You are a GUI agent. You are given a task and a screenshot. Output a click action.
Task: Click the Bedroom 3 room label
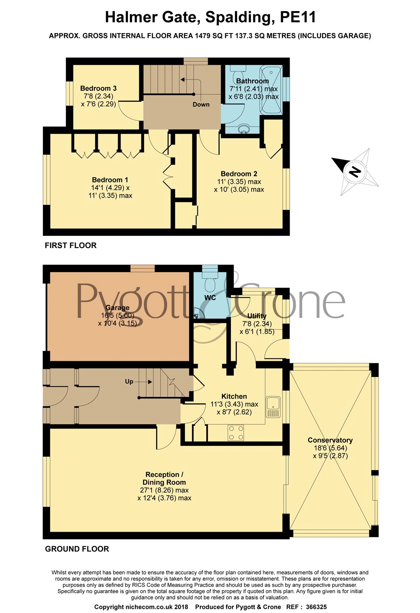[x=98, y=88]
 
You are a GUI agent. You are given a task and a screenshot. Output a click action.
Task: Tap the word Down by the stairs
[x=201, y=105]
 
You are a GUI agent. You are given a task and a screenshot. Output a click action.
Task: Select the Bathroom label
[x=252, y=81]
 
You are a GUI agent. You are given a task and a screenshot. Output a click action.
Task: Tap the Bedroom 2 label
[x=239, y=174]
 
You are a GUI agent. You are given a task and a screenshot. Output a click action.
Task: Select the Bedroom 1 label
[x=110, y=180]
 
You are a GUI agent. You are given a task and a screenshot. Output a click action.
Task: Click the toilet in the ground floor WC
[x=210, y=282]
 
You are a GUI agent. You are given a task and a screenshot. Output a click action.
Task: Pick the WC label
[x=210, y=298]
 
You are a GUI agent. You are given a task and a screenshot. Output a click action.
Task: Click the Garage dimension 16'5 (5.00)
[x=117, y=315]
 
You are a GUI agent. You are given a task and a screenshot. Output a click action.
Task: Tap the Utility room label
[x=257, y=316]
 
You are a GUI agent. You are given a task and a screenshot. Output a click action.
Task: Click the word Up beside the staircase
[x=129, y=381]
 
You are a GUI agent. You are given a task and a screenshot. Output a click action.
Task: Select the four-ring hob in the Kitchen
[x=236, y=433]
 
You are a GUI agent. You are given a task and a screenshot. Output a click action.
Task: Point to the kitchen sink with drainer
[x=273, y=407]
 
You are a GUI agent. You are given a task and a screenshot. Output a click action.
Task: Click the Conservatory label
[x=330, y=440]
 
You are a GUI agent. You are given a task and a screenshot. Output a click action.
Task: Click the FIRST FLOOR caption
[x=71, y=246]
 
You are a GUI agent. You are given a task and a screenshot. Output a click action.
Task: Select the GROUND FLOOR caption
[x=77, y=549]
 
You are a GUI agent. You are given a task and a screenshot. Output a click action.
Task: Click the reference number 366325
[x=316, y=607]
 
